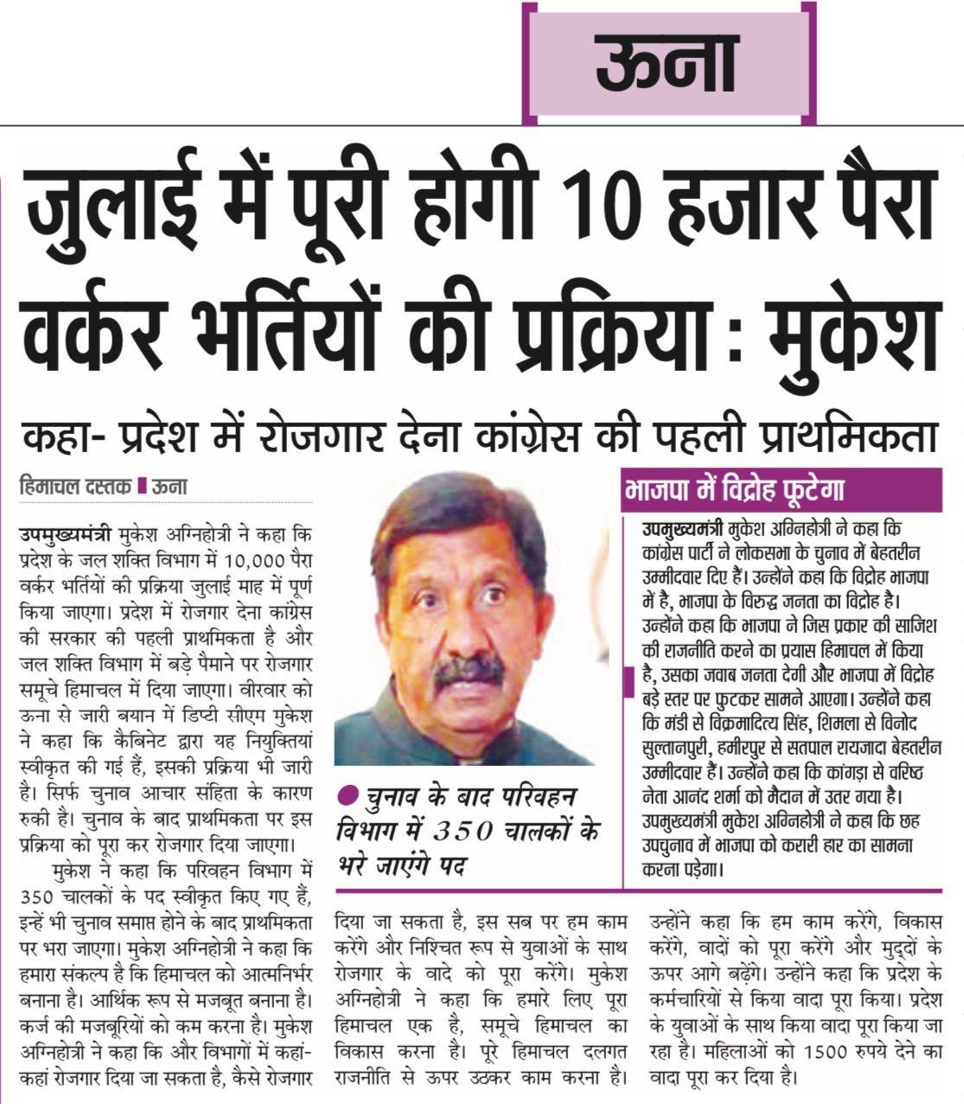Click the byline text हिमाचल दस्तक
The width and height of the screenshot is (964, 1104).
tap(74, 486)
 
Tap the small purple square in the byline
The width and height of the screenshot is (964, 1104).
tap(142, 487)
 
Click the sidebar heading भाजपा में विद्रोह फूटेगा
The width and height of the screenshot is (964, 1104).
tap(734, 491)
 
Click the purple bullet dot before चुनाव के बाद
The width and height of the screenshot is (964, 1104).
tap(347, 794)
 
